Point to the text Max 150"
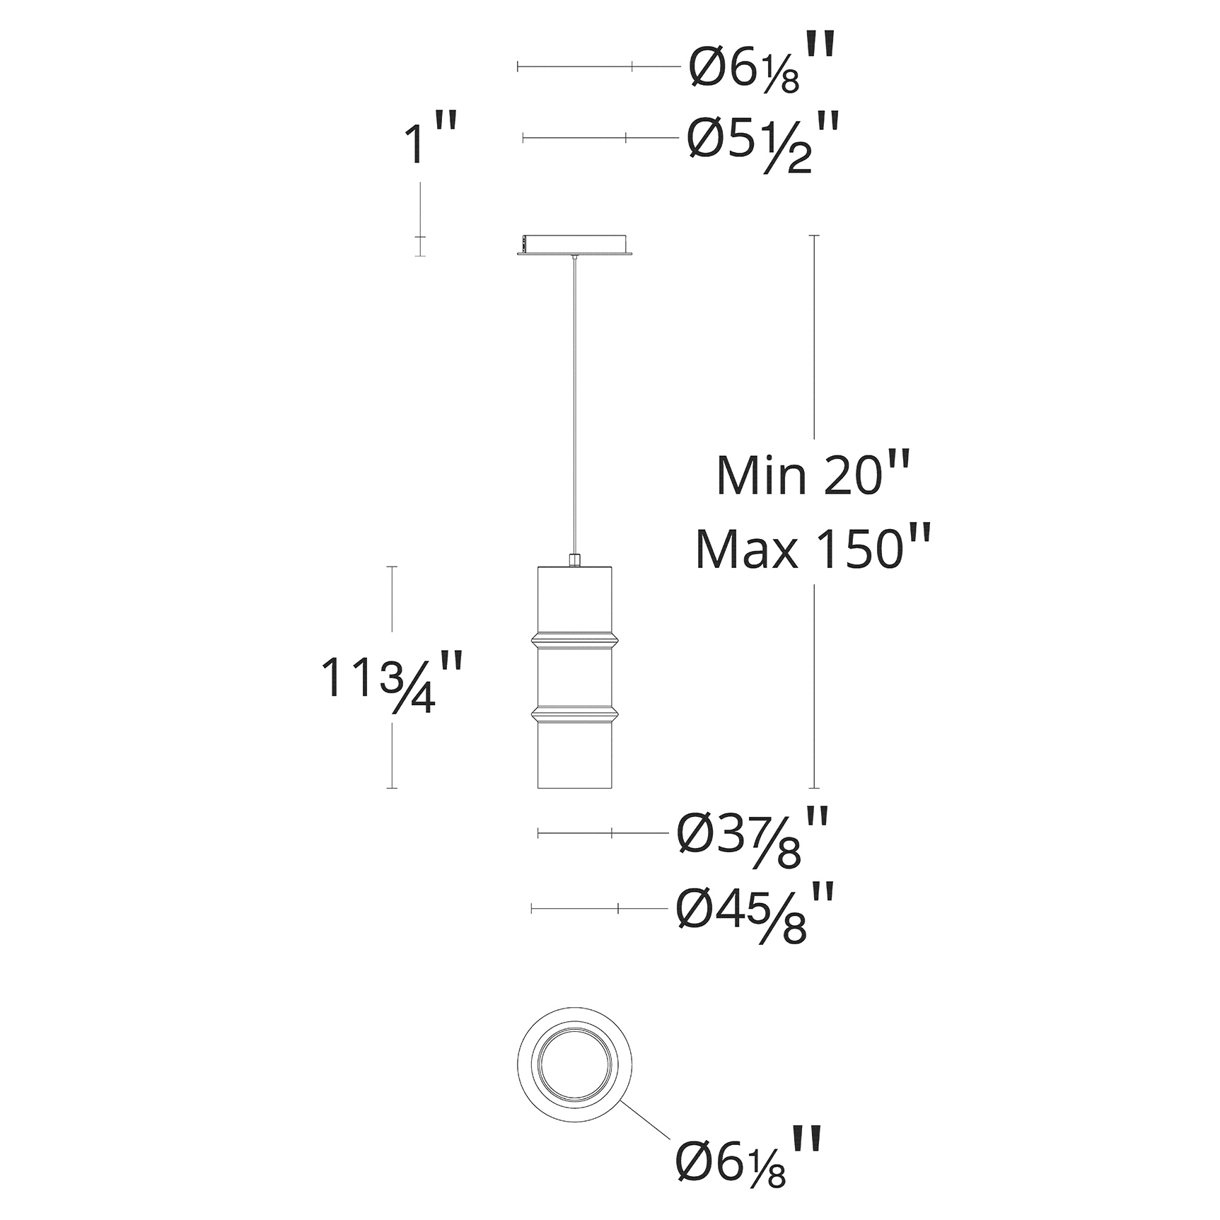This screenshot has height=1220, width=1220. point(811,548)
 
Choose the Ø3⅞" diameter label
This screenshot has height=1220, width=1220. point(752,838)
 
